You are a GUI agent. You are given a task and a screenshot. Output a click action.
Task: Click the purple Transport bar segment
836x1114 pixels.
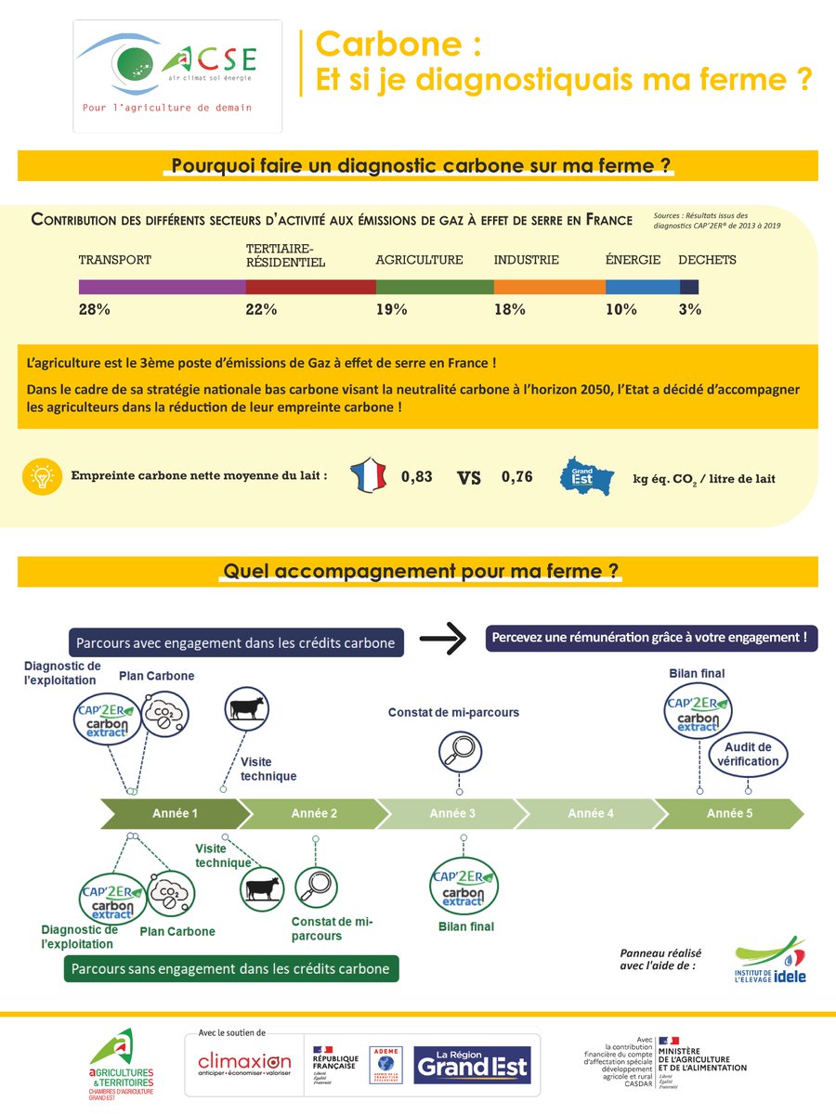[x=162, y=287]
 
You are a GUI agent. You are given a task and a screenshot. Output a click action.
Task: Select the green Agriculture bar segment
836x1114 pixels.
[x=434, y=287]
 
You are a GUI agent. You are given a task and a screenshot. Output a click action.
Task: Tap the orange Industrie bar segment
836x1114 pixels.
[x=549, y=287]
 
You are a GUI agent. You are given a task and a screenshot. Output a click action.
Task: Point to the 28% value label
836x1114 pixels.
[x=94, y=310]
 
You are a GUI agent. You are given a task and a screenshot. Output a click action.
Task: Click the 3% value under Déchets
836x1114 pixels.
[x=689, y=310]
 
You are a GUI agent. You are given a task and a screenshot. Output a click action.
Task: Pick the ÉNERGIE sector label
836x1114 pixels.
[x=633, y=260]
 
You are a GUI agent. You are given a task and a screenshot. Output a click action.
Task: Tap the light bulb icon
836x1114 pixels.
[x=41, y=477]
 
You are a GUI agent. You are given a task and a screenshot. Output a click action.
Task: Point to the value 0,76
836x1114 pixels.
[x=517, y=477]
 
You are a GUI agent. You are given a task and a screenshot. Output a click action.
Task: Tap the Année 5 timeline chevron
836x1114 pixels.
[x=730, y=814]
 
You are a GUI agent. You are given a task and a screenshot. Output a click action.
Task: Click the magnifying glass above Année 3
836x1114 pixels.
[x=457, y=749]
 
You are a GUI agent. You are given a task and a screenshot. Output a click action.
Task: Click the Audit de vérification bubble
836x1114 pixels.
[x=748, y=754]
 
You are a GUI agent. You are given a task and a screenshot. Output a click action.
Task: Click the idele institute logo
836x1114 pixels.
[x=769, y=960]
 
